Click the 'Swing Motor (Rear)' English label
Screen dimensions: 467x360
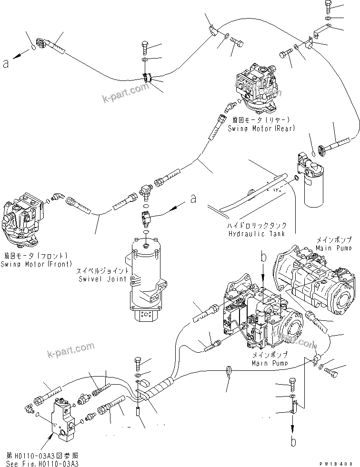click(261, 129)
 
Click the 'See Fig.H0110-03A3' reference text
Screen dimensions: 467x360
click(42, 464)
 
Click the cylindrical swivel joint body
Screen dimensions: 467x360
click(145, 276)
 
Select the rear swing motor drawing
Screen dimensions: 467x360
click(257, 86)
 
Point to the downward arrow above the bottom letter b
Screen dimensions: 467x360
click(293, 426)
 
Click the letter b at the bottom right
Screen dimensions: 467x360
click(293, 441)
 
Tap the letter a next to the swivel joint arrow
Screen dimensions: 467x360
click(193, 199)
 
